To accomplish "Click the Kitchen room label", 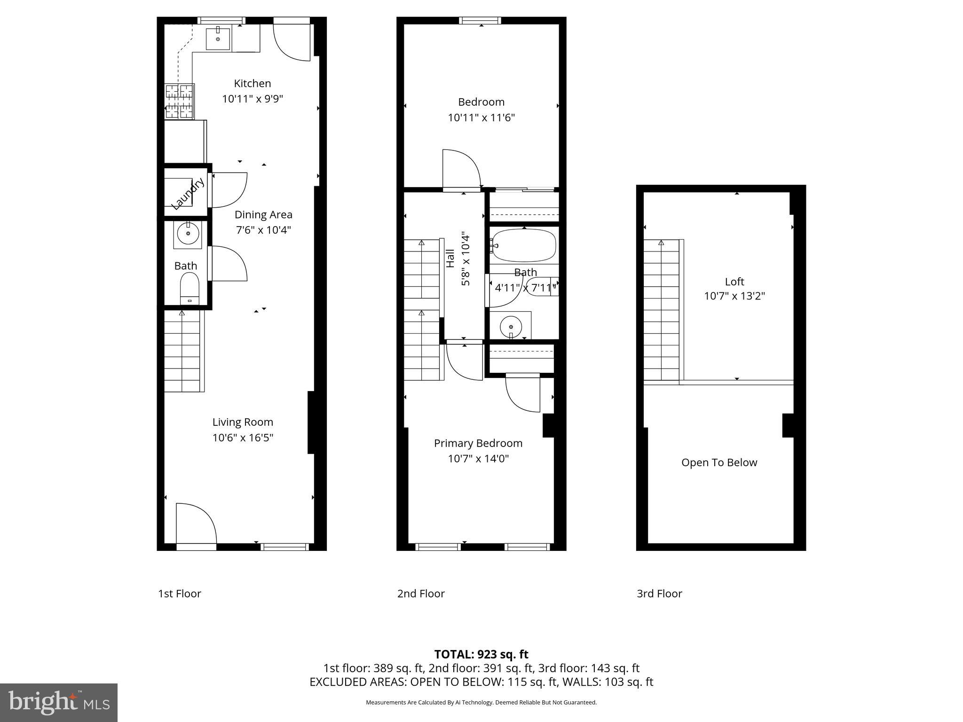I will [253, 83].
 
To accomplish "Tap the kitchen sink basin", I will [218, 39].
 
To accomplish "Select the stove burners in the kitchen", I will [180, 101].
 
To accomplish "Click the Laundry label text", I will [187, 194].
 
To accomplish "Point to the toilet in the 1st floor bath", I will [190, 288].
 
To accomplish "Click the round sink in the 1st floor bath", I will [188, 234].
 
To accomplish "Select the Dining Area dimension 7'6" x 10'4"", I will [263, 230].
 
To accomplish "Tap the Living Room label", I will [243, 422].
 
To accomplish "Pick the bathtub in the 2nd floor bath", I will [523, 245].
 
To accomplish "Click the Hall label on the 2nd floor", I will [450, 259].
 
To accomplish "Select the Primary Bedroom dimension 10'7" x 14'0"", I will [478, 458].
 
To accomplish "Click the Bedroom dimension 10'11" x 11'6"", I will [481, 118].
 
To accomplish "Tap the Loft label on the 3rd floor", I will [734, 282].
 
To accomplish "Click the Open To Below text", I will [719, 463].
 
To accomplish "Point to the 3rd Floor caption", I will [659, 594].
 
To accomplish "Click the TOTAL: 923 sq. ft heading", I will [481, 654].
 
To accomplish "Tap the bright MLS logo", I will [59, 702].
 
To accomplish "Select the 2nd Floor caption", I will [421, 594].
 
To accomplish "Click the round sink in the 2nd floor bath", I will [511, 325].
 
